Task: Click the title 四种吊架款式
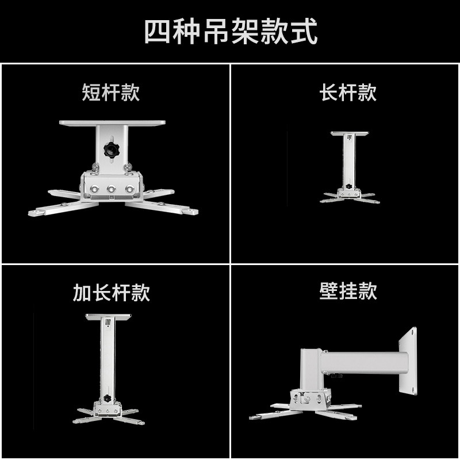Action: pyautogui.click(x=230, y=32)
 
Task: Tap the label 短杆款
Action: pyautogui.click(x=111, y=93)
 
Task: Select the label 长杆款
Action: pyautogui.click(x=348, y=93)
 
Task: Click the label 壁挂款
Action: pyautogui.click(x=348, y=291)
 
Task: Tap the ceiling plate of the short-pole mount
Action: pyautogui.click(x=112, y=124)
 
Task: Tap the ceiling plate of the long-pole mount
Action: pyautogui.click(x=348, y=134)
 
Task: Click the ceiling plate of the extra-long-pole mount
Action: pyautogui.click(x=108, y=317)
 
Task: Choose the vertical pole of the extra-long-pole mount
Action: pyautogui.click(x=108, y=356)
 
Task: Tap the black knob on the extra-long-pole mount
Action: pyautogui.click(x=108, y=398)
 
